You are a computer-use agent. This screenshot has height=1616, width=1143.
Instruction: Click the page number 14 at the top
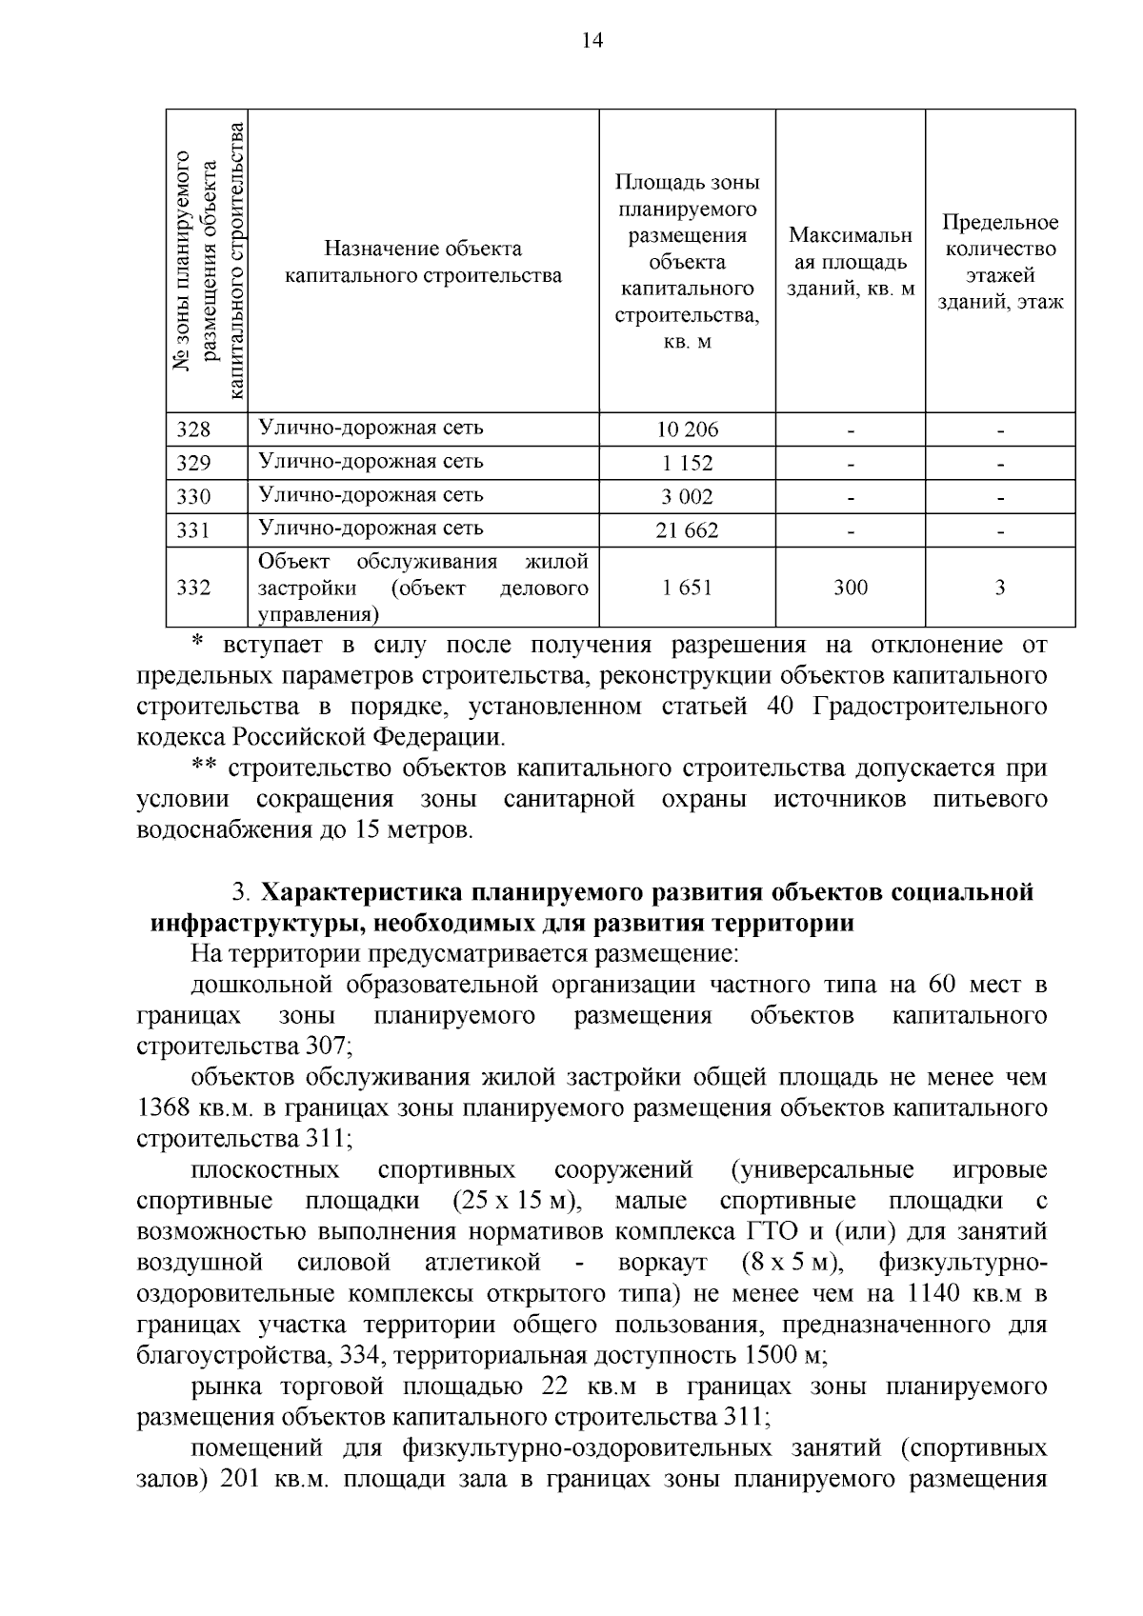(592, 40)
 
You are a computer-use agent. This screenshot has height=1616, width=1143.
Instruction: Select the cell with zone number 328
(194, 429)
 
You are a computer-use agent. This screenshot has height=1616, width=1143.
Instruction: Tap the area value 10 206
(687, 429)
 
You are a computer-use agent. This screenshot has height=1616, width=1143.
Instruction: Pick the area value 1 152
(687, 464)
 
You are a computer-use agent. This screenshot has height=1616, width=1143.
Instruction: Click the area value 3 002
(687, 497)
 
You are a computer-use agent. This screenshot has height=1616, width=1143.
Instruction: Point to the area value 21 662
(687, 530)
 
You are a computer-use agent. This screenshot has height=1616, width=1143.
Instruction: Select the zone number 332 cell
(194, 588)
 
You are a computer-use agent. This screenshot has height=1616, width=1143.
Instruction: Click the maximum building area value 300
(850, 588)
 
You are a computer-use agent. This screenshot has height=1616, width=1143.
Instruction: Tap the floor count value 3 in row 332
(1000, 588)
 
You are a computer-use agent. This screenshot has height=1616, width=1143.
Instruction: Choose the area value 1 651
(687, 588)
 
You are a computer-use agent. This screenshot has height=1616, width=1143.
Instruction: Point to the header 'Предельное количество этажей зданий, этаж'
(1000, 262)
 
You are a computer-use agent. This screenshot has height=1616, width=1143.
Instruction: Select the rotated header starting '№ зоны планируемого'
(208, 261)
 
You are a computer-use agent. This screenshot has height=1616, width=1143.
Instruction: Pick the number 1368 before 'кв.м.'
(165, 1108)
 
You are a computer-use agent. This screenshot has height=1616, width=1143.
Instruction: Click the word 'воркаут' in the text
(662, 1263)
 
